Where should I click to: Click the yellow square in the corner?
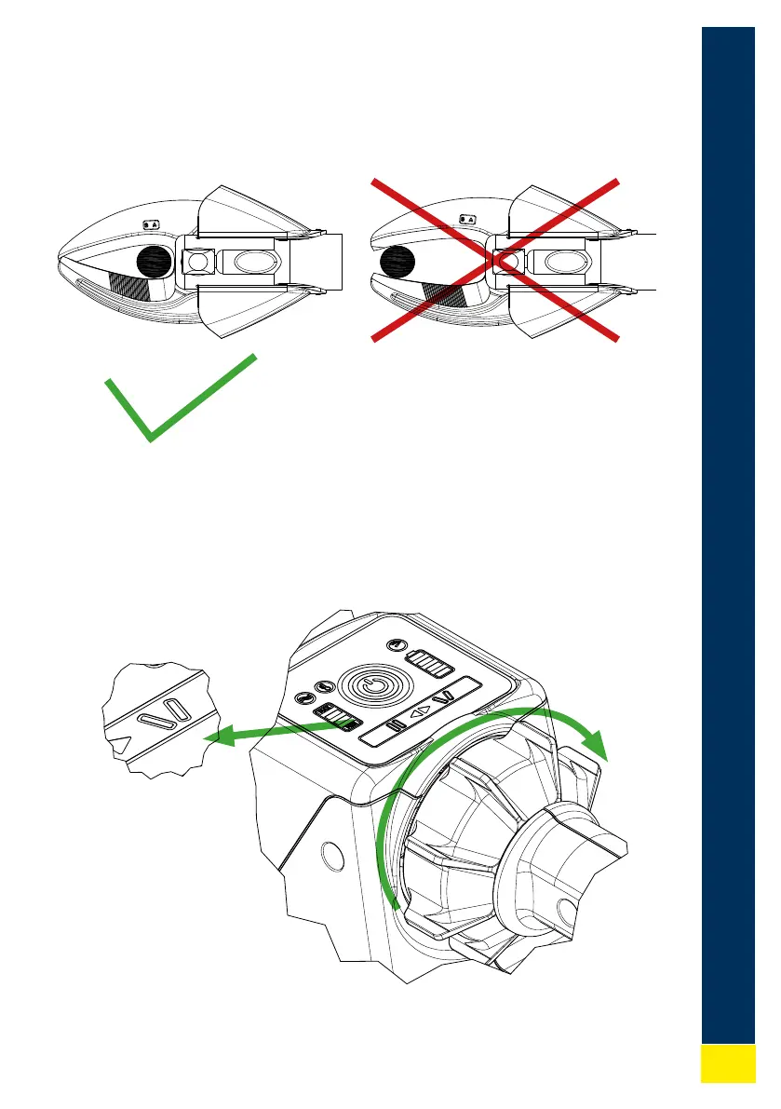(728, 1062)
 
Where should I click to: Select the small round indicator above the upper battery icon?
(396, 644)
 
